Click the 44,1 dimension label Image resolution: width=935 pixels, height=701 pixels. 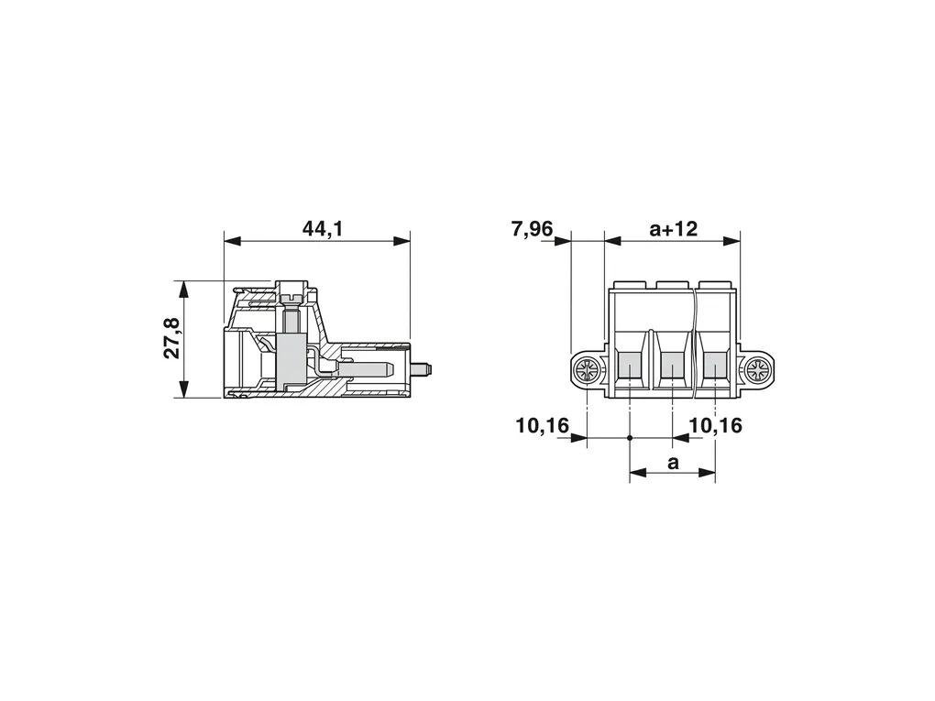(323, 228)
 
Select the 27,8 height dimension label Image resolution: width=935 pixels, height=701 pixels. (171, 338)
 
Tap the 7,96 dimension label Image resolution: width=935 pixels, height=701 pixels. (533, 228)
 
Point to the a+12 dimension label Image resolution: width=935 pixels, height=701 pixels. (673, 228)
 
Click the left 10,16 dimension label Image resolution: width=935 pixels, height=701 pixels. (543, 425)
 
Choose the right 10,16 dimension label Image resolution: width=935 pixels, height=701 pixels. (716, 425)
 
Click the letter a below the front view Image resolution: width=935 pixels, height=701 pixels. (673, 462)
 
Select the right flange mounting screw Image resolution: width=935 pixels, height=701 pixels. (759, 373)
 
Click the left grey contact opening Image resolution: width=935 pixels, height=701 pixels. (630, 365)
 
